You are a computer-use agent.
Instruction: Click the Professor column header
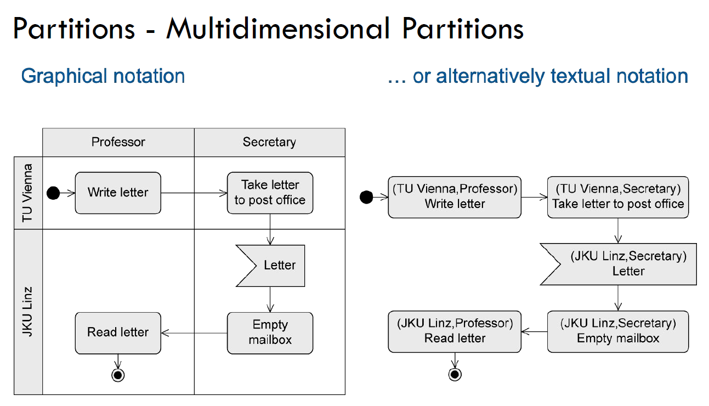tap(118, 143)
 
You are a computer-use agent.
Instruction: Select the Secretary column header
tap(269, 143)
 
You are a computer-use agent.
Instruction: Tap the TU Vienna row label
tap(28, 193)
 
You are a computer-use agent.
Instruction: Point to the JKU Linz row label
tap(28, 311)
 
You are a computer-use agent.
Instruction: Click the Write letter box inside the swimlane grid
tap(118, 193)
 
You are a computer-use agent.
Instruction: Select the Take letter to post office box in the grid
tap(270, 193)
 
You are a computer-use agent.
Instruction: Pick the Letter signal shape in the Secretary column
tap(271, 266)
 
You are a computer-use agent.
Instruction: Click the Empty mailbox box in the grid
tap(270, 332)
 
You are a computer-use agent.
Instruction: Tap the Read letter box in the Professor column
tap(118, 332)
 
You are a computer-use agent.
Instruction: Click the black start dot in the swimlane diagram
tap(53, 193)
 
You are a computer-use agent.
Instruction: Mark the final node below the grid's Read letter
tap(118, 375)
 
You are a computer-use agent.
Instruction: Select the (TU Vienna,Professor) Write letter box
tap(455, 197)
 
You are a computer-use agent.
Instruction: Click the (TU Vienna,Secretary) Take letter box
tap(617, 197)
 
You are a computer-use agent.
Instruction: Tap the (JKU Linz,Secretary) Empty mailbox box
tap(617, 331)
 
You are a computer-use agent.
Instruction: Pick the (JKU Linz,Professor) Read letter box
tap(455, 331)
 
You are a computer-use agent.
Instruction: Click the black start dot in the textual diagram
tap(366, 197)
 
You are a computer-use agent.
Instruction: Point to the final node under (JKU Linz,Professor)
tap(455, 374)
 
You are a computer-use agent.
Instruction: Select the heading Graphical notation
tap(103, 76)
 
